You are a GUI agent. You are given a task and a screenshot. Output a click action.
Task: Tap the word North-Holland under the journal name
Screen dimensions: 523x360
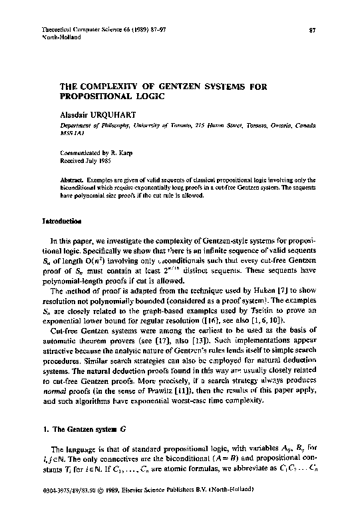60,38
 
